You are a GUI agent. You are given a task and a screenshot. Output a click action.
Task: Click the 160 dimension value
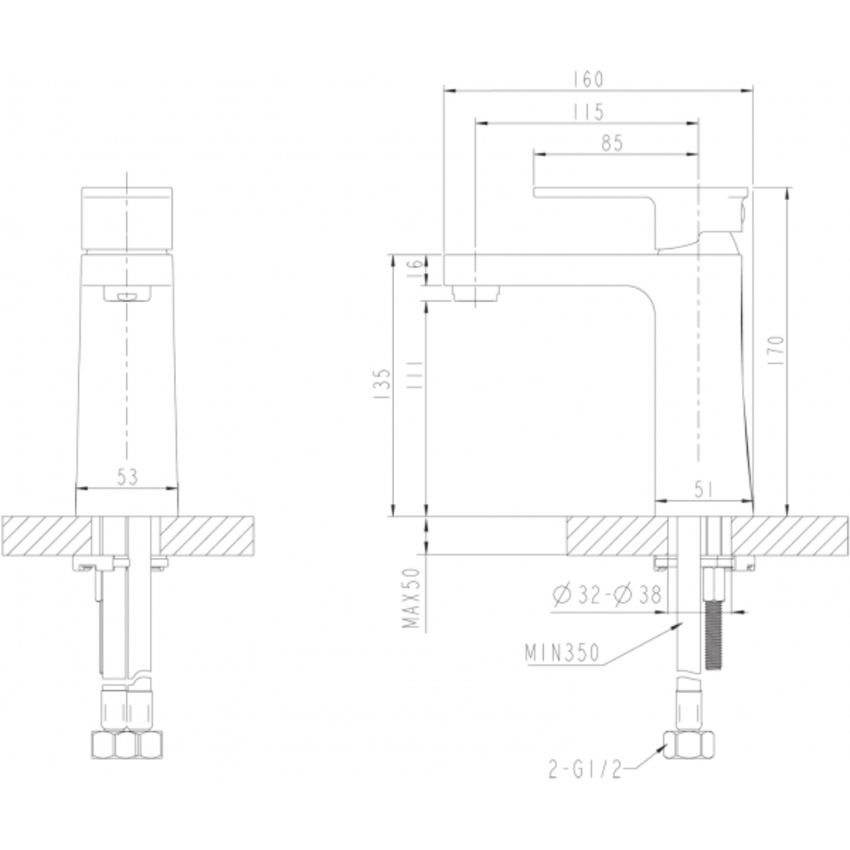point(588,80)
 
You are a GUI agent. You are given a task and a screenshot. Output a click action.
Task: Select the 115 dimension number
point(589,112)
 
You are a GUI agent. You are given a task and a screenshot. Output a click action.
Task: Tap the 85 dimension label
point(612,144)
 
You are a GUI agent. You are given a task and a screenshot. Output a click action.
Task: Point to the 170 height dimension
point(777,350)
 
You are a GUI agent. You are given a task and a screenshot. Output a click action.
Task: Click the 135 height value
point(383,383)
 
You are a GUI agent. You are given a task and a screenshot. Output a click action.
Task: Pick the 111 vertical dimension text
point(414,374)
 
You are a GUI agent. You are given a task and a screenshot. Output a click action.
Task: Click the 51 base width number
point(703,490)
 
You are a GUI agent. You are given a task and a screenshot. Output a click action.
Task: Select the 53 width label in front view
point(127,477)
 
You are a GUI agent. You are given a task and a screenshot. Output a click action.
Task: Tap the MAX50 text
point(413,598)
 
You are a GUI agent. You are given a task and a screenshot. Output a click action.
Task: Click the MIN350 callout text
point(562,652)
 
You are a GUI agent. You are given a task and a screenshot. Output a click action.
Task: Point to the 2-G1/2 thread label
point(584,769)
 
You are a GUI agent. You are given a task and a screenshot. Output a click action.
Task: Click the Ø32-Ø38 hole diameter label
point(607,594)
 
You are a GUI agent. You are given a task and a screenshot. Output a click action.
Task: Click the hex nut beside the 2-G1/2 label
point(688,746)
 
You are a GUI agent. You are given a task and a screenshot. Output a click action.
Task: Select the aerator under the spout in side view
point(476,293)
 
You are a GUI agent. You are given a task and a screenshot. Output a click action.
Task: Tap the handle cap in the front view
point(127,219)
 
